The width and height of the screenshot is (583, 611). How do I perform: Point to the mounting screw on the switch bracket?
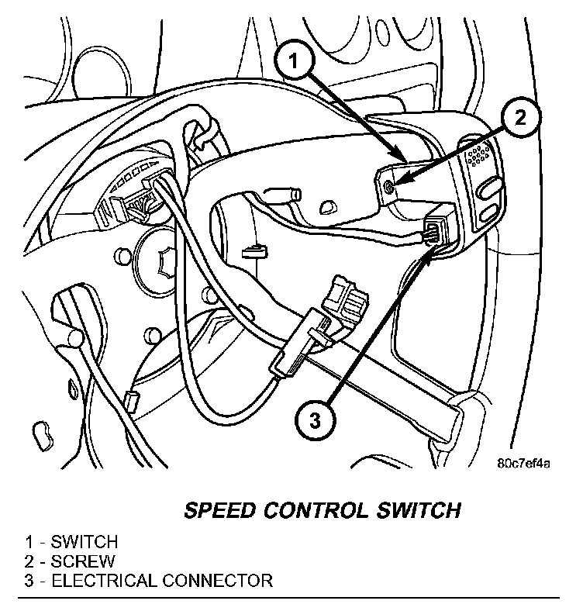(x=389, y=185)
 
